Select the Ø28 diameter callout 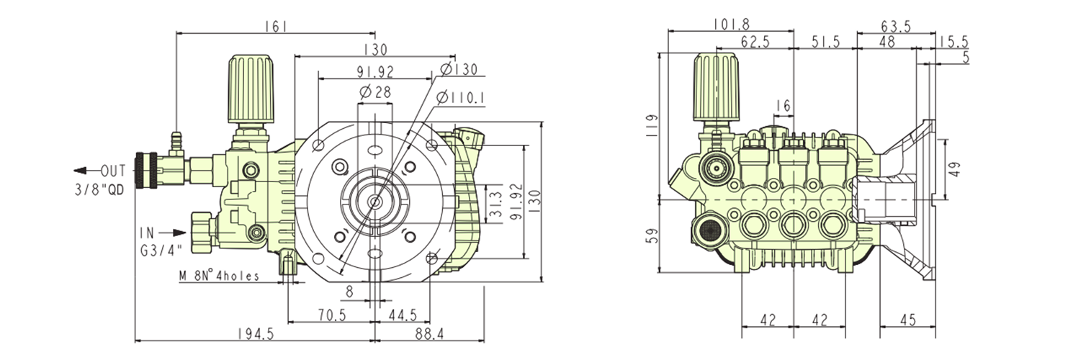coord(373,92)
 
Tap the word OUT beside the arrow coord(113,171)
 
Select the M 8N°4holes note coord(219,275)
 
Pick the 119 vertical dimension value coord(652,124)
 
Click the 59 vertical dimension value coord(652,235)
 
